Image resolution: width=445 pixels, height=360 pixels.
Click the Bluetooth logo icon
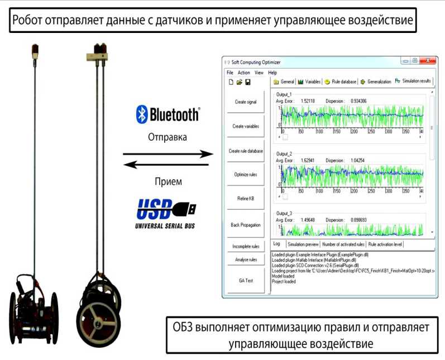coord(142,114)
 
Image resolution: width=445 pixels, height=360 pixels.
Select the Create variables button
coord(246,126)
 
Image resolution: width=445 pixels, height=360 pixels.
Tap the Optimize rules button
coord(246,175)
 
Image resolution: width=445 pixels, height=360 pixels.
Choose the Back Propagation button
coord(246,225)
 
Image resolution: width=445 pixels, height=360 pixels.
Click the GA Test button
coord(246,280)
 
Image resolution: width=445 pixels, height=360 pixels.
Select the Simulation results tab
coord(413,81)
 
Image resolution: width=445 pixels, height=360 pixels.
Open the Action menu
coord(244,73)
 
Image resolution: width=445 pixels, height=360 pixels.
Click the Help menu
coord(272,73)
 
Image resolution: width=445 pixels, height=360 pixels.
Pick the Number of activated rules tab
coord(343,244)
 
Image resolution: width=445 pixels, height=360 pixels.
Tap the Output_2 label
coord(285,153)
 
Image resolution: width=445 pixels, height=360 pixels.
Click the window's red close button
coord(427,61)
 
